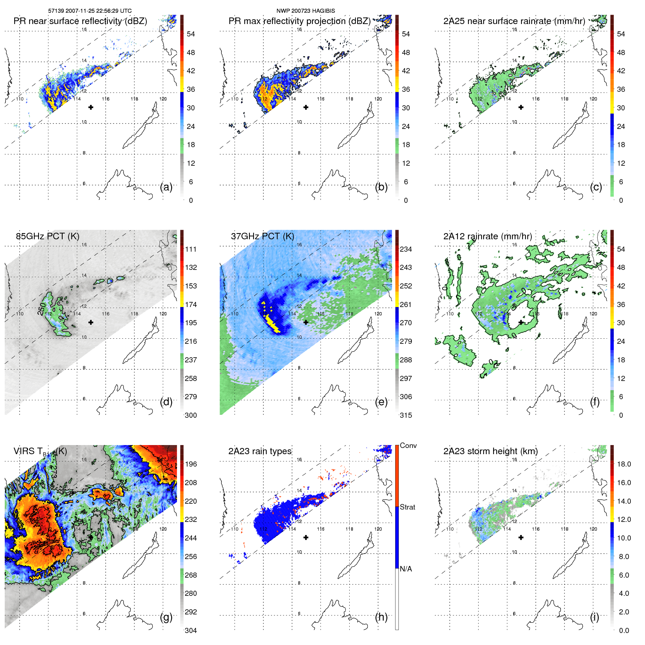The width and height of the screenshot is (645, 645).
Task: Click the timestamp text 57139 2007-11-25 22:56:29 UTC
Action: tap(90, 11)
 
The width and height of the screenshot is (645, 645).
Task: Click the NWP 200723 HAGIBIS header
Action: tap(306, 11)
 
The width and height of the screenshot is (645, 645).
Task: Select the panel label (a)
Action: tap(166, 187)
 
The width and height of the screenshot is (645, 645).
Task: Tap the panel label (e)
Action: tap(381, 402)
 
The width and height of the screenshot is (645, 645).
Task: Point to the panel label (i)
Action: tap(594, 617)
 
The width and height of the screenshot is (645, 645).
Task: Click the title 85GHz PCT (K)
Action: tap(47, 236)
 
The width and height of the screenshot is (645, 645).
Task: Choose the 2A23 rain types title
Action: tap(260, 451)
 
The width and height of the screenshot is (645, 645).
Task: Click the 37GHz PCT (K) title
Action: tap(262, 236)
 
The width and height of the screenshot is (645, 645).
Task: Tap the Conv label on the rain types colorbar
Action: tap(408, 445)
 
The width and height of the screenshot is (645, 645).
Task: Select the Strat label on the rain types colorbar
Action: tap(408, 507)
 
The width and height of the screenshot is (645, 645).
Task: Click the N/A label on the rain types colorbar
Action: tap(406, 569)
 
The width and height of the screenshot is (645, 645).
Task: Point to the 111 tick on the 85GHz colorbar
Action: tap(191, 249)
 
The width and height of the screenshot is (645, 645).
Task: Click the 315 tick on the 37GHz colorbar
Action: tap(406, 415)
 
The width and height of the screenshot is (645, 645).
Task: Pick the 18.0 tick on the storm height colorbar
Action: tap(624, 464)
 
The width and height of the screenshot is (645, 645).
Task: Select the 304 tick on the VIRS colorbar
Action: tap(191, 630)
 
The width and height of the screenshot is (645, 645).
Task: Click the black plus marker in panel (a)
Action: tap(91, 107)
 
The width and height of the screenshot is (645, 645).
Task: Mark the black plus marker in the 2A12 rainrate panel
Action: tap(521, 322)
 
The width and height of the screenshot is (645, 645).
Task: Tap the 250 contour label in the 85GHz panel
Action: tap(42, 309)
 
